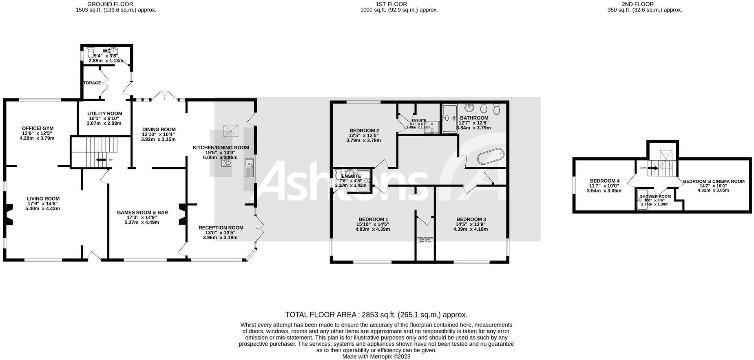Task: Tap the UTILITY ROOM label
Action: (104, 114)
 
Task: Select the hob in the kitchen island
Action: (226, 162)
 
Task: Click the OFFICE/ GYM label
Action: (38, 128)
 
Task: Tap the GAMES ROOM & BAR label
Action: (142, 212)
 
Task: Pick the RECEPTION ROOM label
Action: (221, 228)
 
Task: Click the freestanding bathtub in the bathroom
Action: (491, 158)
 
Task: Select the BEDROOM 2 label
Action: (364, 131)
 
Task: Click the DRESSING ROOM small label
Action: (425, 238)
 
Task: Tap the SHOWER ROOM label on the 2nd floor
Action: (655, 197)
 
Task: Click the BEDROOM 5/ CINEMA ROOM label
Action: (714, 181)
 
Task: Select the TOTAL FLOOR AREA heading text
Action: (321, 315)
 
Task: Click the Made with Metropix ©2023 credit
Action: (376, 356)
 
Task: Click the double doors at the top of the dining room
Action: (165, 96)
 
